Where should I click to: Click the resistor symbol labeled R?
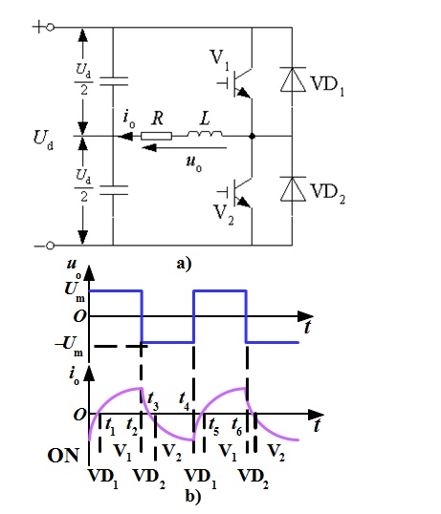(x=156, y=136)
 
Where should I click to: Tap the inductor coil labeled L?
(x=205, y=133)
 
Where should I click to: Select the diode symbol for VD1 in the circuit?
(x=293, y=79)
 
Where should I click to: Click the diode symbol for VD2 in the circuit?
(x=293, y=188)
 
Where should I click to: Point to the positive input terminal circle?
(x=50, y=27)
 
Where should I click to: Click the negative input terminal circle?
(x=50, y=246)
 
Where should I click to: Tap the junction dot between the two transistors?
(x=252, y=136)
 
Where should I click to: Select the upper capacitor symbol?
(x=114, y=81)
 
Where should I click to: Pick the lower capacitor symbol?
(x=114, y=190)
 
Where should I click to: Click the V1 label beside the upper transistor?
(x=219, y=59)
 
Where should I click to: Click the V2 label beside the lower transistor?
(x=224, y=215)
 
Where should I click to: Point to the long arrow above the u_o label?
(x=185, y=148)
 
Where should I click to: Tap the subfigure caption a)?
(x=184, y=264)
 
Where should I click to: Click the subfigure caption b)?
(x=193, y=496)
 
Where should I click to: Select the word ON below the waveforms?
(x=63, y=456)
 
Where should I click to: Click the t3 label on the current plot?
(x=152, y=400)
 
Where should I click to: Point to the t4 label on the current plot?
(x=185, y=400)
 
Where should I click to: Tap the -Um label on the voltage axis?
(x=70, y=346)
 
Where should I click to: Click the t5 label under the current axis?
(x=213, y=426)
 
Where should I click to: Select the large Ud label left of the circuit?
(x=43, y=139)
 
